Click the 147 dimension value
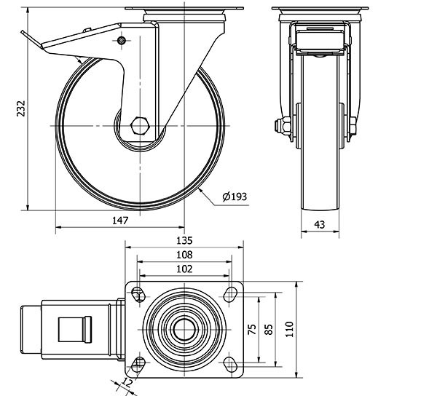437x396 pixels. [x=121, y=219]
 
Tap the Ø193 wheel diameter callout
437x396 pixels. [x=235, y=197]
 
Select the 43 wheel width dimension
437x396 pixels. [x=320, y=225]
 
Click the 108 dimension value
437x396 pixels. [x=184, y=255]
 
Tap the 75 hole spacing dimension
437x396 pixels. [x=253, y=329]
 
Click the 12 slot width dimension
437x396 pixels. [x=128, y=382]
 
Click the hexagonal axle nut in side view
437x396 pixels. [x=140, y=126]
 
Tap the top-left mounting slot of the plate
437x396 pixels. [x=138, y=293]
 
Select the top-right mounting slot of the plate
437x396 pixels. [x=230, y=293]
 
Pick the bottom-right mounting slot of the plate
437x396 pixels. [x=230, y=364]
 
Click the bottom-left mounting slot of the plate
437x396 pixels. [x=138, y=364]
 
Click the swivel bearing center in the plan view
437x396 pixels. [x=184, y=329]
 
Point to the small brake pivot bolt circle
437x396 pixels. [x=122, y=40]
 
